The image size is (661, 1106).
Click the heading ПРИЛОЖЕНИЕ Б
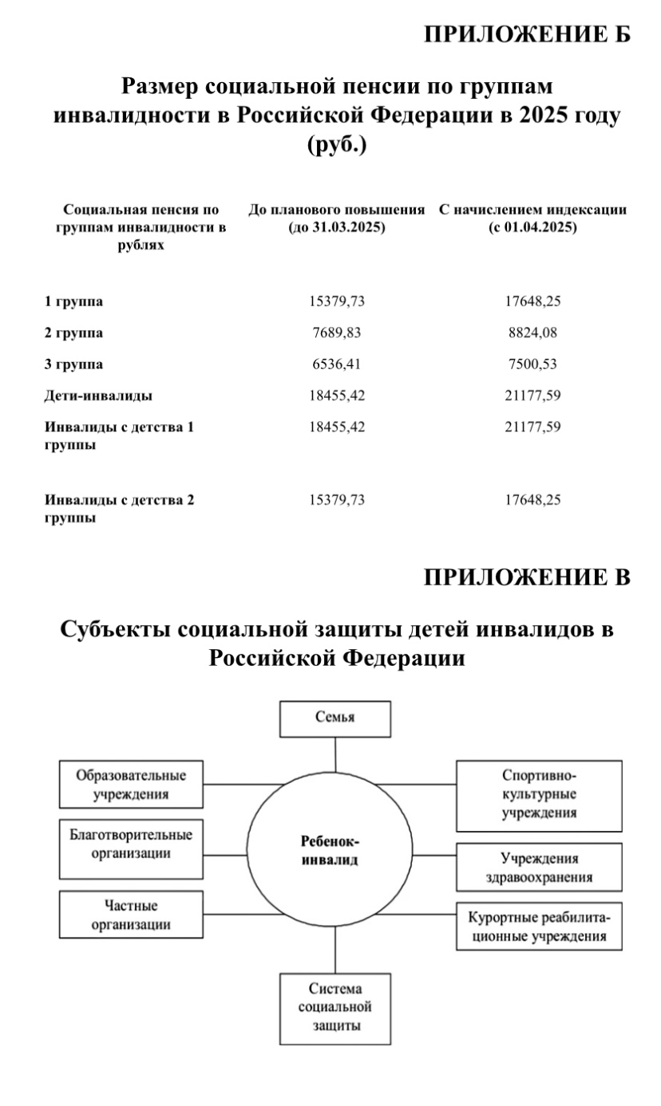click(x=527, y=34)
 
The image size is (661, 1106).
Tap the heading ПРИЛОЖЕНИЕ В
click(x=527, y=577)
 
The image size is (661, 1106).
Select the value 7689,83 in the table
click(x=336, y=333)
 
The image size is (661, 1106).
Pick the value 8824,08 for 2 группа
click(x=532, y=333)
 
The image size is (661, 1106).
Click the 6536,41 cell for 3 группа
click(x=336, y=364)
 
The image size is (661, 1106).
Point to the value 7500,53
click(x=532, y=364)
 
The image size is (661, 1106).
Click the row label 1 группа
click(x=73, y=301)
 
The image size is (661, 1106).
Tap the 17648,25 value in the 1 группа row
click(x=532, y=301)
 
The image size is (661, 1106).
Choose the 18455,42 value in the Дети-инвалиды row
click(x=336, y=395)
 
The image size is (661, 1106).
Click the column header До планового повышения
click(x=336, y=218)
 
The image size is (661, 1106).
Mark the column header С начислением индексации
click(x=532, y=218)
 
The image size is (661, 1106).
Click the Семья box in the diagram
click(x=335, y=718)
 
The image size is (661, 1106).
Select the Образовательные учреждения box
click(x=131, y=784)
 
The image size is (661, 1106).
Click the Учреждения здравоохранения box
click(x=539, y=866)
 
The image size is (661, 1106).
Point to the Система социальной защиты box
click(x=335, y=1007)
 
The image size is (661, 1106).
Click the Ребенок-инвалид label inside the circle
click(x=330, y=850)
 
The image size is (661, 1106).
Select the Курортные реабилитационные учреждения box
click(x=539, y=926)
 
